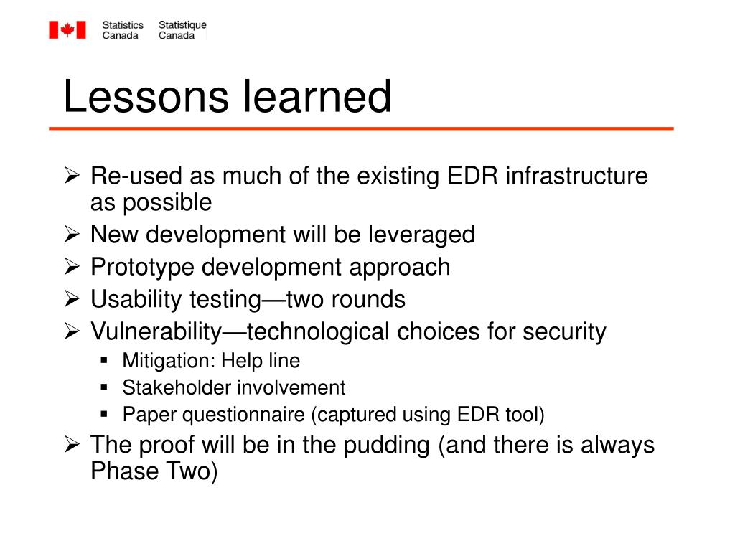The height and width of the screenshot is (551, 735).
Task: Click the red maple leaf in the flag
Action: (67, 29)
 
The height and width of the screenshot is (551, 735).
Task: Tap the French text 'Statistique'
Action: (182, 25)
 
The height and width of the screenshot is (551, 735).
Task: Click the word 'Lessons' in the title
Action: (146, 97)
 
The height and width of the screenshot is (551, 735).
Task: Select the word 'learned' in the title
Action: (317, 97)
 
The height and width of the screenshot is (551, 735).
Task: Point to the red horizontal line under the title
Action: (361, 128)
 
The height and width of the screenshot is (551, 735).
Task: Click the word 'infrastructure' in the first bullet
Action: (576, 176)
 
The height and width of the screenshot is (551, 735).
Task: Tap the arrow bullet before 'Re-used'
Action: (72, 175)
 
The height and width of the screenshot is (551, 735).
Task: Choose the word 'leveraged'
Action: (421, 235)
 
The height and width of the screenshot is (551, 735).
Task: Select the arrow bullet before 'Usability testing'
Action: (72, 298)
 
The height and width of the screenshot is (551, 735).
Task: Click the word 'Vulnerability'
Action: (156, 332)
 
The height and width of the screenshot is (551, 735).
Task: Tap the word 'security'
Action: (564, 332)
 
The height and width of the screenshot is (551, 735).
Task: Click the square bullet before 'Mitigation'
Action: (104, 360)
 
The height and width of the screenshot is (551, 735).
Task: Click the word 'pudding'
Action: (386, 445)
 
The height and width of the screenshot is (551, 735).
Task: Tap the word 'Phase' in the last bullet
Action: (125, 471)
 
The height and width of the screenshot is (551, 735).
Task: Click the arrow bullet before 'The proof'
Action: (72, 443)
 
